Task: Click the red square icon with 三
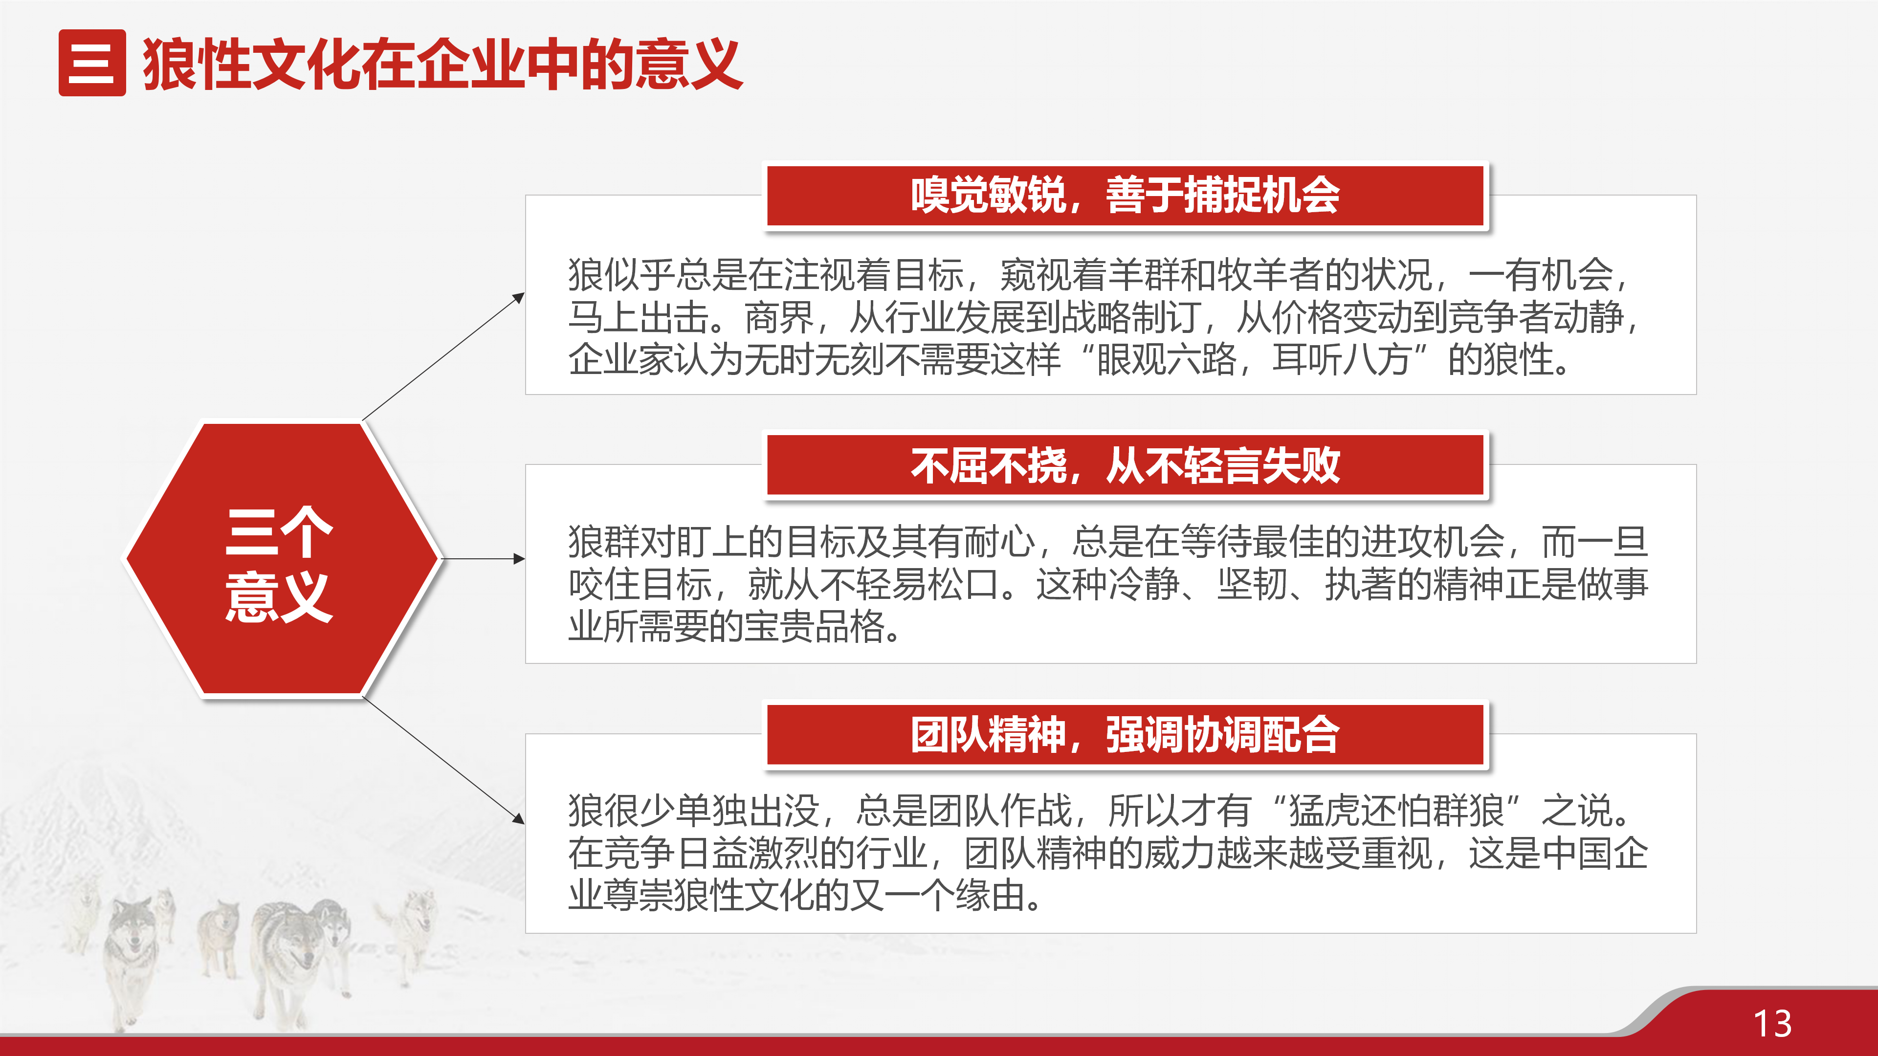click(92, 63)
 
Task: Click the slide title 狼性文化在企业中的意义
click(442, 64)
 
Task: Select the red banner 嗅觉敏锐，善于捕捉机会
click(1125, 196)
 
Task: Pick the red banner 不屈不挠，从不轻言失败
click(1125, 465)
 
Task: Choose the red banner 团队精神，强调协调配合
click(1125, 735)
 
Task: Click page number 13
click(1772, 1024)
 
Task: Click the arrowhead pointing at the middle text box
click(519, 559)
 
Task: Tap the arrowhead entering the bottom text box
click(518, 819)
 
